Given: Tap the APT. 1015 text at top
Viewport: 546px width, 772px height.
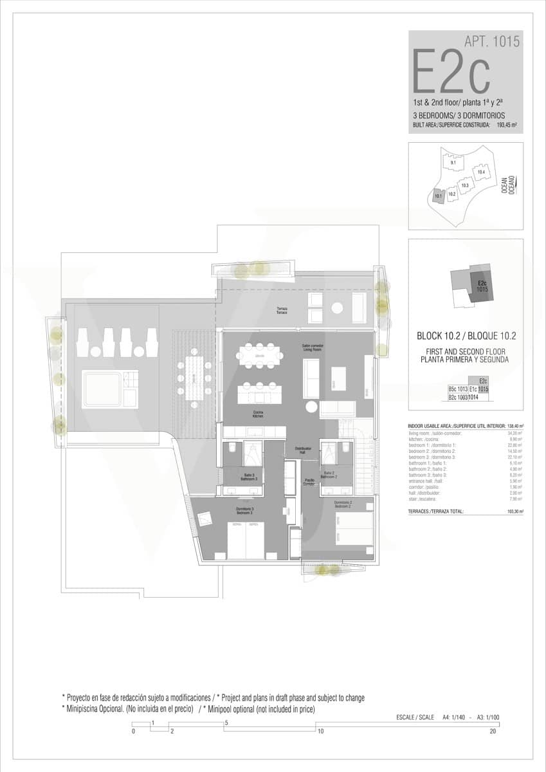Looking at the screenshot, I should (492, 42).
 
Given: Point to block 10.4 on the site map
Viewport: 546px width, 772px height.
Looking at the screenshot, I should (481, 172).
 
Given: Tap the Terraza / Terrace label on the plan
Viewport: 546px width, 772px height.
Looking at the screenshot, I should (282, 311).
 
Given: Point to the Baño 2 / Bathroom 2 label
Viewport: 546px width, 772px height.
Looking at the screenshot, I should (331, 475).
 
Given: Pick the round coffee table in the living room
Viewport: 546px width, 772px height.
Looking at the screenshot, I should (312, 407).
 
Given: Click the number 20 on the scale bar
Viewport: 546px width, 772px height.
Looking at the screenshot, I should (493, 731).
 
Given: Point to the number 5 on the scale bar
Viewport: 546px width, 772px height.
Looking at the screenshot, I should (226, 722).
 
